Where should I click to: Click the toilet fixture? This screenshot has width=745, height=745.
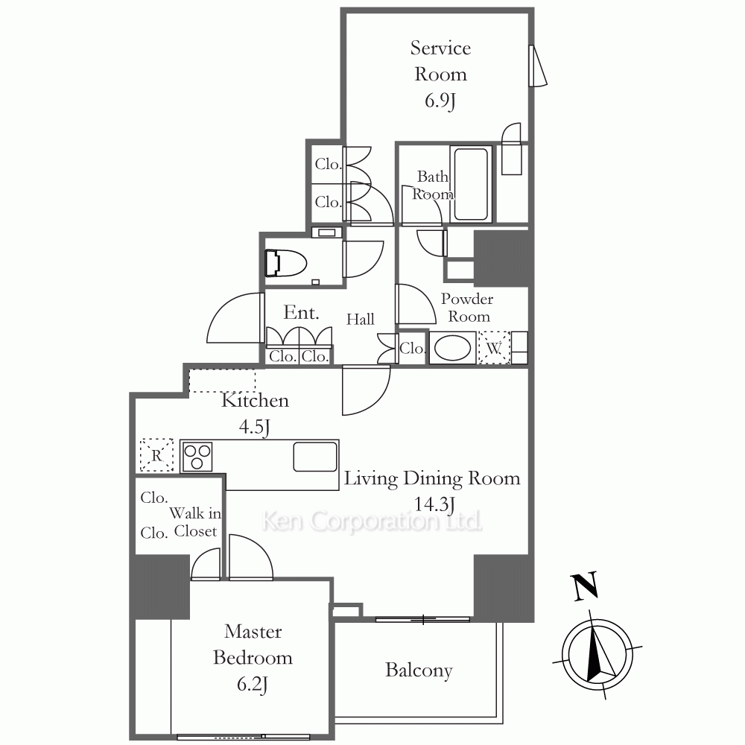point(285,263)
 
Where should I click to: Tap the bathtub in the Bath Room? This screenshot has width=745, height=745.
point(470,184)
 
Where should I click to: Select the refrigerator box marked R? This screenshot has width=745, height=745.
point(156,455)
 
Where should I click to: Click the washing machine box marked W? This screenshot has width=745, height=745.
point(494,348)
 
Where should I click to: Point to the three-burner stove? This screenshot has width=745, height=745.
point(197,457)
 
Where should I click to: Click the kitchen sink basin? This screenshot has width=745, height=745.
point(315,457)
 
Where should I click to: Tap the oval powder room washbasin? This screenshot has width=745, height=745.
point(452,348)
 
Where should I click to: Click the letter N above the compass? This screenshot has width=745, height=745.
point(585,587)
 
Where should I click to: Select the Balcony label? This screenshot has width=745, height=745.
point(419,670)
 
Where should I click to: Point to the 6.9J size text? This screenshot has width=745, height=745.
point(440,101)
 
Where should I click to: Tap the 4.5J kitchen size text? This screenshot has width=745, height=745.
point(255,427)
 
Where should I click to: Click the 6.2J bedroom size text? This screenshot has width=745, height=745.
point(253,684)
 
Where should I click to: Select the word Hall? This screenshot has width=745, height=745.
point(360,319)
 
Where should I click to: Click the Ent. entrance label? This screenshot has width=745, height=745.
point(301,312)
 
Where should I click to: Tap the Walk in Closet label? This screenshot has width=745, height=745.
point(195,522)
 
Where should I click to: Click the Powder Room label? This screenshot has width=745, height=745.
point(468,308)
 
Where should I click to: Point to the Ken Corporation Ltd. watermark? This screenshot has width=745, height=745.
point(372,521)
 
